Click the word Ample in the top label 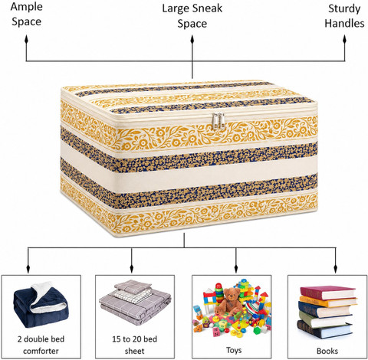click(26, 7)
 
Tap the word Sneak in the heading click(207, 8)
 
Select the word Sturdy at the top click(344, 8)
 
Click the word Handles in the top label click(344, 23)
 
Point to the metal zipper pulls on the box click(219, 121)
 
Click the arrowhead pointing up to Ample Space click(26, 40)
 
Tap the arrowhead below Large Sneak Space click(192, 40)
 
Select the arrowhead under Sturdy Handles click(344, 40)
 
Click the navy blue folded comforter click(40, 304)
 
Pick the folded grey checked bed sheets click(135, 302)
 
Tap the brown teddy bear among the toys click(229, 301)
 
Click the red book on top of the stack click(328, 293)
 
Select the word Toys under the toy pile click(234, 350)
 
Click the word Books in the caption click(327, 351)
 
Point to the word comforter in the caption click(41, 351)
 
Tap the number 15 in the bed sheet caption click(117, 339)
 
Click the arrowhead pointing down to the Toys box click(236, 269)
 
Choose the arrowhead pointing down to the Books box click(336, 269)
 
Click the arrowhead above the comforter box click(28, 269)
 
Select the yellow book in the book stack click(328, 302)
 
